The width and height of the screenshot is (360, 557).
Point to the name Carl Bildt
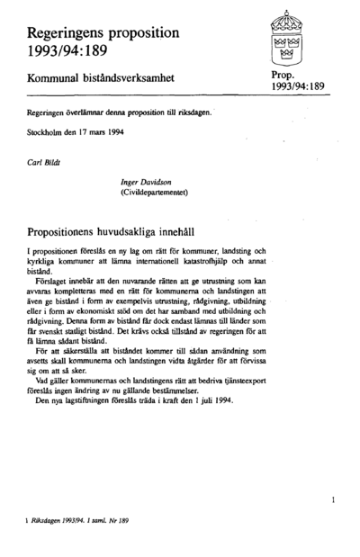click(44, 163)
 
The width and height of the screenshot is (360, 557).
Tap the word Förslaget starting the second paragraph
click(52, 284)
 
